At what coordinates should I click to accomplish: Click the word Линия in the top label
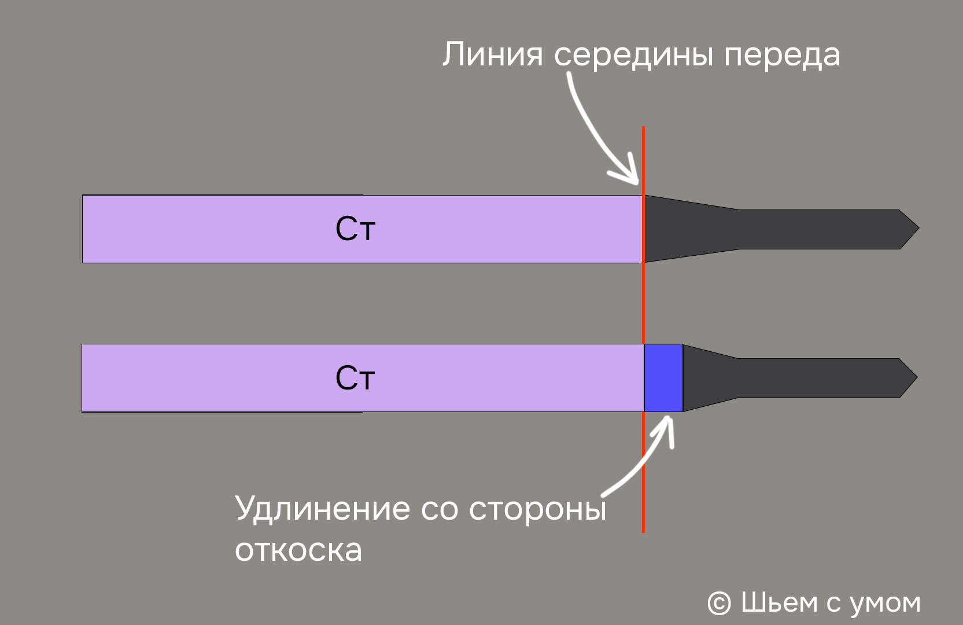click(x=493, y=54)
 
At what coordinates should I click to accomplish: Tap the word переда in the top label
click(x=782, y=57)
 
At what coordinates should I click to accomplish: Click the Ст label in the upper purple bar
click(x=355, y=229)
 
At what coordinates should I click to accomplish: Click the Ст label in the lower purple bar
click(x=355, y=378)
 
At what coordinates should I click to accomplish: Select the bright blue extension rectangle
click(x=663, y=378)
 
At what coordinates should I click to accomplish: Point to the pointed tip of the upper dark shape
click(x=918, y=228)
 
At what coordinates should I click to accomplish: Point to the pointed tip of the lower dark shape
click(x=917, y=377)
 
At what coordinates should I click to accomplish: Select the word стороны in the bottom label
click(x=537, y=510)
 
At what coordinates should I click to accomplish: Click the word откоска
click(x=298, y=550)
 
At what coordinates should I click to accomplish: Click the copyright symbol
click(x=720, y=603)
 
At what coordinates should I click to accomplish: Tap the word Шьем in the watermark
click(x=779, y=602)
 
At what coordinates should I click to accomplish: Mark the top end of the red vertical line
click(x=643, y=127)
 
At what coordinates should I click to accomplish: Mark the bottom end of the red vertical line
click(x=643, y=532)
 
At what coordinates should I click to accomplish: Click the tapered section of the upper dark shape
click(x=691, y=229)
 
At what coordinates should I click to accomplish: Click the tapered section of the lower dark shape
click(x=710, y=378)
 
